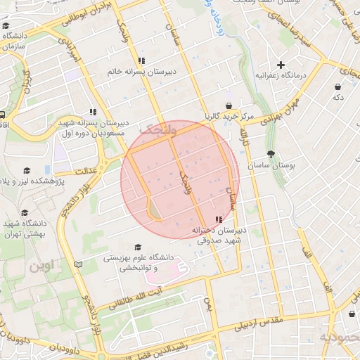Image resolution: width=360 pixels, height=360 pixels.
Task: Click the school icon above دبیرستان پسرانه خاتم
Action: (x=141, y=60)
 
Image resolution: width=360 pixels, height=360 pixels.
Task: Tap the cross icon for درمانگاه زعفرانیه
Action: (x=281, y=64)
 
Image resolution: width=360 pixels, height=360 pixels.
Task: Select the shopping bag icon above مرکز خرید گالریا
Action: (x=228, y=105)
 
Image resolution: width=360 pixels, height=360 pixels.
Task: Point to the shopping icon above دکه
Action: (x=339, y=87)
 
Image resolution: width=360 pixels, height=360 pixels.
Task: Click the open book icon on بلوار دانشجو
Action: (x=78, y=264)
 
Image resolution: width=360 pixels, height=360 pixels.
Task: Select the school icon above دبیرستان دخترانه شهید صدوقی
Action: (x=217, y=219)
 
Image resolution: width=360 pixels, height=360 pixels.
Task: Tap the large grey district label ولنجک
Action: (x=155, y=129)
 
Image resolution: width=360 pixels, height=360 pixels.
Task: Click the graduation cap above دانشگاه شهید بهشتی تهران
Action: (x=25, y=212)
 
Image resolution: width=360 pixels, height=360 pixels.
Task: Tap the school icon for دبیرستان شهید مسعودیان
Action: (x=93, y=112)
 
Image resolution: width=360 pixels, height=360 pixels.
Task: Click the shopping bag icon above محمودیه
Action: (x=350, y=314)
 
